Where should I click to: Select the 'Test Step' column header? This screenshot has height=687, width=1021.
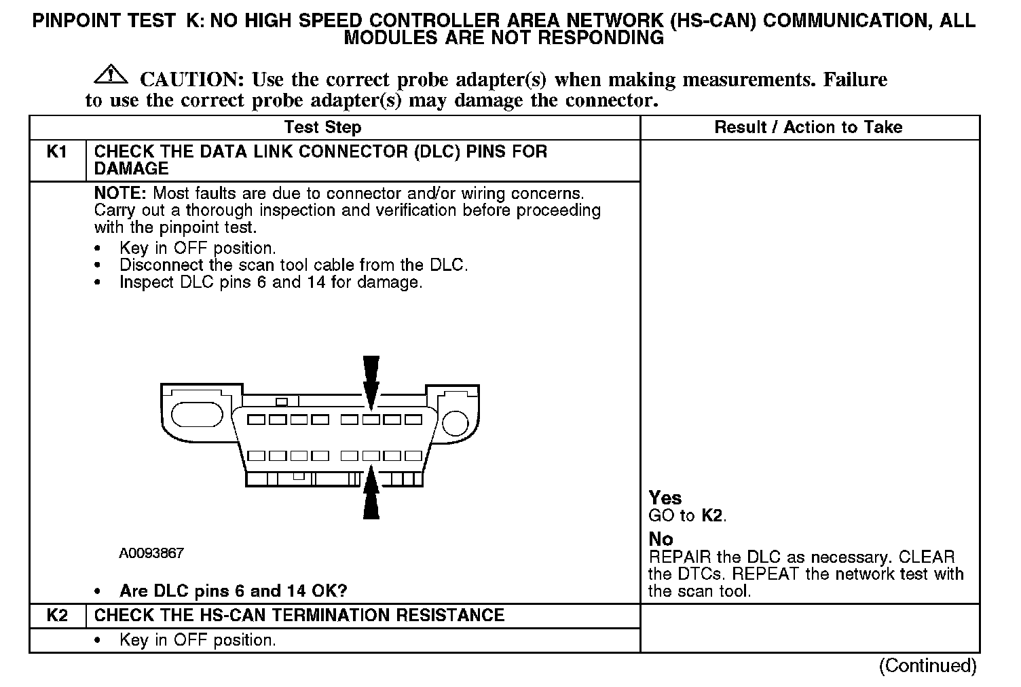coord(322,127)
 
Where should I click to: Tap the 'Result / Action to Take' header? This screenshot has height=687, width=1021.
coord(809,127)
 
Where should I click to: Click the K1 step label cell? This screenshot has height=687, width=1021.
coord(58,151)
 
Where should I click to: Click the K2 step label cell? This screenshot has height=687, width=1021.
coord(58,616)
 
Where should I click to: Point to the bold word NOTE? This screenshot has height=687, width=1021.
coord(120,193)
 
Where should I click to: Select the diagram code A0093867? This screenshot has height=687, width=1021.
coord(151,553)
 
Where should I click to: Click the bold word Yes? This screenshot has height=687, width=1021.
coord(665,498)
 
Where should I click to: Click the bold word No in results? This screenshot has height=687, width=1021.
coord(661,540)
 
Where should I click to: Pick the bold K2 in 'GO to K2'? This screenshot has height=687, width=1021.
coord(711,516)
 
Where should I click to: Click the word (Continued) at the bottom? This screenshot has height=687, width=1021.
coord(928,666)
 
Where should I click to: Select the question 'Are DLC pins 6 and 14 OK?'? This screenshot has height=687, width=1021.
coord(233,591)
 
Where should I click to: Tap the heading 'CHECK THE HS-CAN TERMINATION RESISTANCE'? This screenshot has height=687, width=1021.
coord(299,616)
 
